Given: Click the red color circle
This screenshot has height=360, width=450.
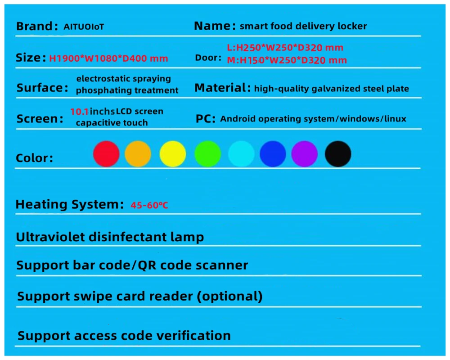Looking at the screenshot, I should tap(106, 154).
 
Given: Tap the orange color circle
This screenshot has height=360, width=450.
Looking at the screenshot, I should tap(138, 154).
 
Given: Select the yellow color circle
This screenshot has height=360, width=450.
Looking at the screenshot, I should tap(172, 154).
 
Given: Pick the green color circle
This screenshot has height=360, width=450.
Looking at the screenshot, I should tap(207, 154).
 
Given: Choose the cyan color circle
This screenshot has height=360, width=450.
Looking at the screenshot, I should tap(241, 154).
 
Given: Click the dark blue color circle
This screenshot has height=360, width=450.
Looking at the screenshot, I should tap(273, 154).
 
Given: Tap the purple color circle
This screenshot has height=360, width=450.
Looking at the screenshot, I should tap(304, 154).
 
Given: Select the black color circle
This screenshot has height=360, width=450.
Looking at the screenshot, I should tap(338, 154).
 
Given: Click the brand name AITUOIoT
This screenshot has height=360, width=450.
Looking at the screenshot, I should tap(84, 27).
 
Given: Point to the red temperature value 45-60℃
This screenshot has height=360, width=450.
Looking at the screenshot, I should tap(149, 206).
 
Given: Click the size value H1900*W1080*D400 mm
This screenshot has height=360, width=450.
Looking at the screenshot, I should tap(108, 58).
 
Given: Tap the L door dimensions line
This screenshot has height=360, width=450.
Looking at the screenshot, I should tap(284, 47).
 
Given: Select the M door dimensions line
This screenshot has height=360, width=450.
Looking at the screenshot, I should tap(287, 60).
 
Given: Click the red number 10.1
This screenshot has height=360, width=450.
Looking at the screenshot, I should tap(79, 111).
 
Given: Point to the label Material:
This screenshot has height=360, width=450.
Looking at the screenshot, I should tap(222, 88).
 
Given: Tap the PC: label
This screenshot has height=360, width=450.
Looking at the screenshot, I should tap(206, 119).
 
